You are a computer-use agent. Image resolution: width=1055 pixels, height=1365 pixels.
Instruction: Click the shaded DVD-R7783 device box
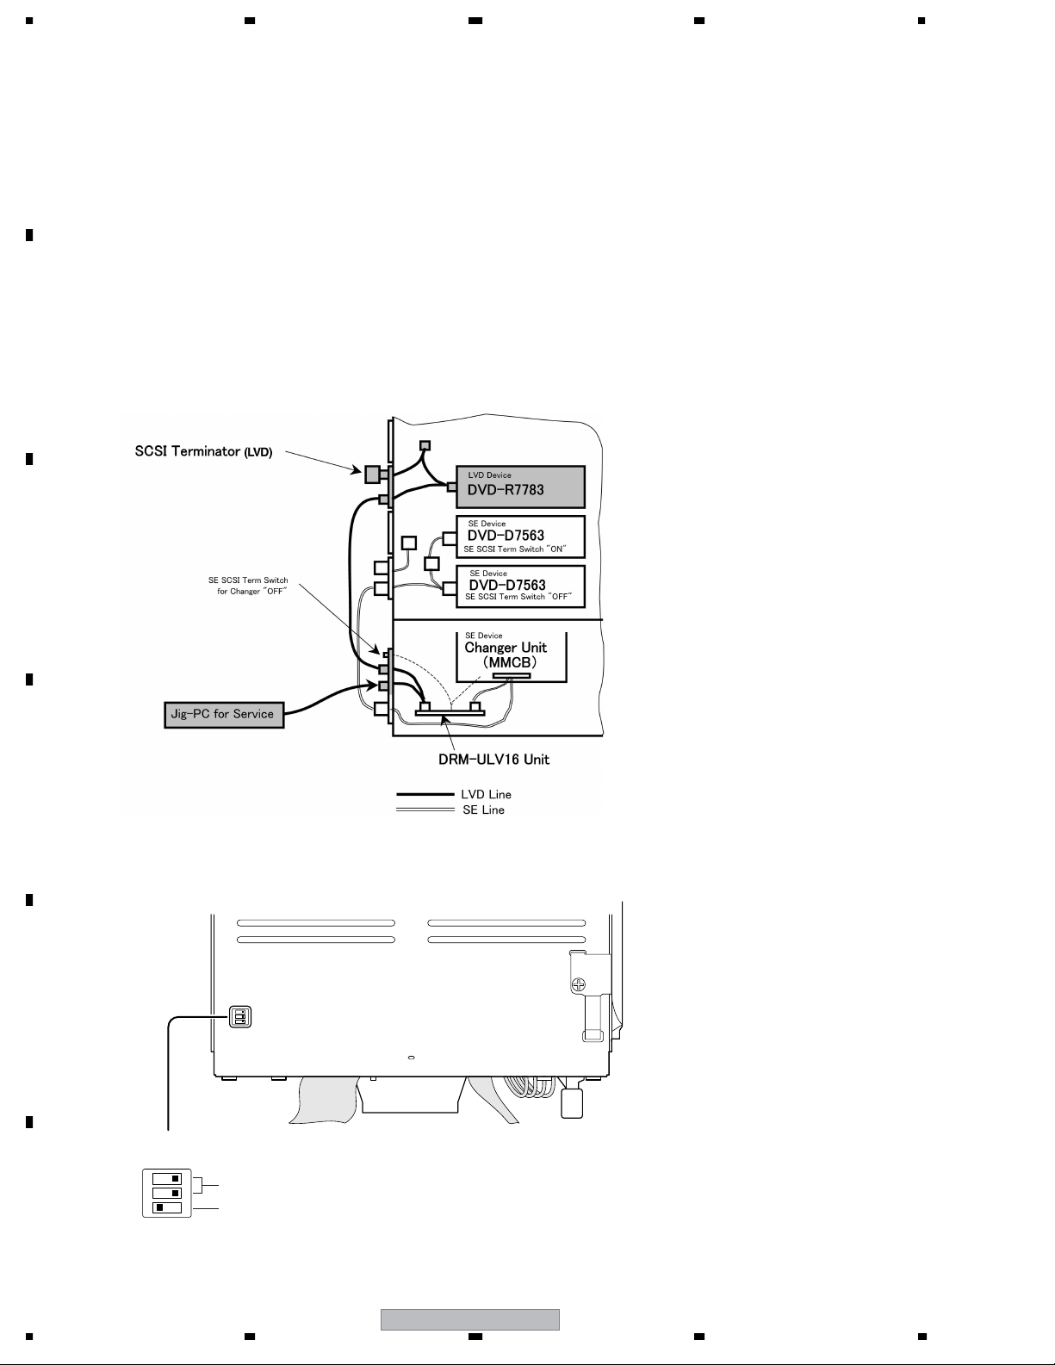(519, 487)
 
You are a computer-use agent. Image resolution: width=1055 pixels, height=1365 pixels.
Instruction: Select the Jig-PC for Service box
(224, 714)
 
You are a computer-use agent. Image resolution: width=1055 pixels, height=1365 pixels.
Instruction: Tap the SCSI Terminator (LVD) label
(203, 451)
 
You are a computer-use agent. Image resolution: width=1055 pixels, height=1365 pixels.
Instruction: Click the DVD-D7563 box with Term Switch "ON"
(519, 537)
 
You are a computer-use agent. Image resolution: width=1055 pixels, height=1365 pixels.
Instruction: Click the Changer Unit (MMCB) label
(506, 655)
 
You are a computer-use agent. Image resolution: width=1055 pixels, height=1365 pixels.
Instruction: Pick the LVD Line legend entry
(487, 794)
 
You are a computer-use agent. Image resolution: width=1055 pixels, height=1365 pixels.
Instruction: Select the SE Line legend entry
(483, 810)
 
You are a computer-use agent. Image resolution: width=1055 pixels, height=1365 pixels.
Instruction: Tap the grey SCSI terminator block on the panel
(372, 474)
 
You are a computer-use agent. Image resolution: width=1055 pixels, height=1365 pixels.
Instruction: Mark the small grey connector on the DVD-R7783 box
(451, 487)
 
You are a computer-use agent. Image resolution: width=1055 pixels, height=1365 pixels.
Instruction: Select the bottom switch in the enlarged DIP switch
(167, 1207)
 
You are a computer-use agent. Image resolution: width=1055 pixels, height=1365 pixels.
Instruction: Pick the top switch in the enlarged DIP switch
(167, 1178)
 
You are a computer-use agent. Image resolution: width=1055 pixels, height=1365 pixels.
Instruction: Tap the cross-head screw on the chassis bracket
(581, 983)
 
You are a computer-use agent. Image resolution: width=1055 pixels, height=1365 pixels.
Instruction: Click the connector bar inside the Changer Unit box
(511, 676)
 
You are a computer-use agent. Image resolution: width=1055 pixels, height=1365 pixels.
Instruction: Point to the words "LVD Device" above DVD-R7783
(489, 475)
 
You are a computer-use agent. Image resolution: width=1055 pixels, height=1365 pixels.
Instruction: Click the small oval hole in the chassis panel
(411, 1057)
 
